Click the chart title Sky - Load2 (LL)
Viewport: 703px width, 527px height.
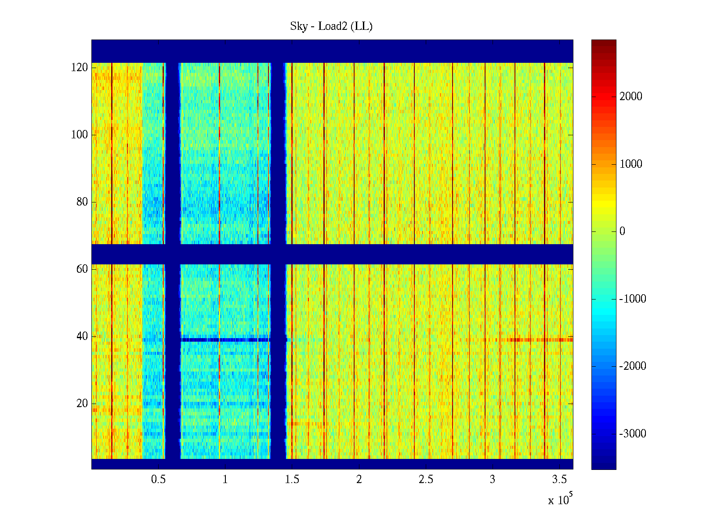[x=331, y=26]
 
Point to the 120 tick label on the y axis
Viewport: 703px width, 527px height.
[x=80, y=68]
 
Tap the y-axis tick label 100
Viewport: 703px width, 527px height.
[x=80, y=135]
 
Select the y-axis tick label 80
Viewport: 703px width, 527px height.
[x=82, y=202]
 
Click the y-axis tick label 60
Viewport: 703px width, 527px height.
[x=82, y=269]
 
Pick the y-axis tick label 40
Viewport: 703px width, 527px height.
[x=82, y=336]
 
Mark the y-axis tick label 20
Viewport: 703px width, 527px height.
[x=82, y=404]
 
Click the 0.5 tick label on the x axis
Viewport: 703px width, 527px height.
[x=158, y=480]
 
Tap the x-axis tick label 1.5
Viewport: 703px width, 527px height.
[x=292, y=480]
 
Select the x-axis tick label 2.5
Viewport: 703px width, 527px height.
[x=426, y=480]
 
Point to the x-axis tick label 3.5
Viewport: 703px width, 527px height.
[x=559, y=480]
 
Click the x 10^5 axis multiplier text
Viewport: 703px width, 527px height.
[x=560, y=499]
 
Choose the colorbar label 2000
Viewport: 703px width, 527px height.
[x=631, y=97]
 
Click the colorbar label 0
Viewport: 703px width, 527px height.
[x=622, y=231]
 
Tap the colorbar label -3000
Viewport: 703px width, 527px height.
[x=633, y=434]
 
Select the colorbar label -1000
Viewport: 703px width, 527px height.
[x=633, y=299]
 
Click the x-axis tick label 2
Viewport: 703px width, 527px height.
[x=359, y=480]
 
